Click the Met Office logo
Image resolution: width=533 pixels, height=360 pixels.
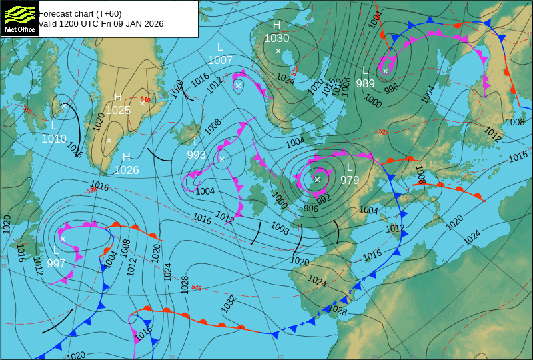[x=20, y=18]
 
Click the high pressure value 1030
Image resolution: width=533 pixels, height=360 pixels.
[x=277, y=38]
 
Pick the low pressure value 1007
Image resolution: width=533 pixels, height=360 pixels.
[x=220, y=60]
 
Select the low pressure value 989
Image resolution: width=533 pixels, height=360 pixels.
[x=365, y=83]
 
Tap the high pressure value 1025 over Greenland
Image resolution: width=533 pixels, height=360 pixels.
[x=118, y=110]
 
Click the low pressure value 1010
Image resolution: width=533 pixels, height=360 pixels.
[x=54, y=139]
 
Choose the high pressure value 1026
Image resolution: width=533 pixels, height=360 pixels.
[x=126, y=170]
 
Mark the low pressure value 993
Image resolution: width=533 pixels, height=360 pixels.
[x=196, y=155]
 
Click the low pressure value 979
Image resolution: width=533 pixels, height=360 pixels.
[x=350, y=179]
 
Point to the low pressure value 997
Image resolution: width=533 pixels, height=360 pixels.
[x=56, y=263]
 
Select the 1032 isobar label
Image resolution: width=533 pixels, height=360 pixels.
[x=229, y=304]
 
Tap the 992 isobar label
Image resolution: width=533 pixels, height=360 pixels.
[x=324, y=199]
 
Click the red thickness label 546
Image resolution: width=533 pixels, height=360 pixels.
[x=196, y=288]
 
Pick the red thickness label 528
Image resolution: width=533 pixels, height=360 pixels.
[x=383, y=132]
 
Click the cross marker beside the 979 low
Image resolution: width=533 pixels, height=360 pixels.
[x=317, y=179]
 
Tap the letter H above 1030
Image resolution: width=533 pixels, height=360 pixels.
[x=276, y=25]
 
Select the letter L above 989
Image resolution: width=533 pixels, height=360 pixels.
[x=365, y=70]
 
